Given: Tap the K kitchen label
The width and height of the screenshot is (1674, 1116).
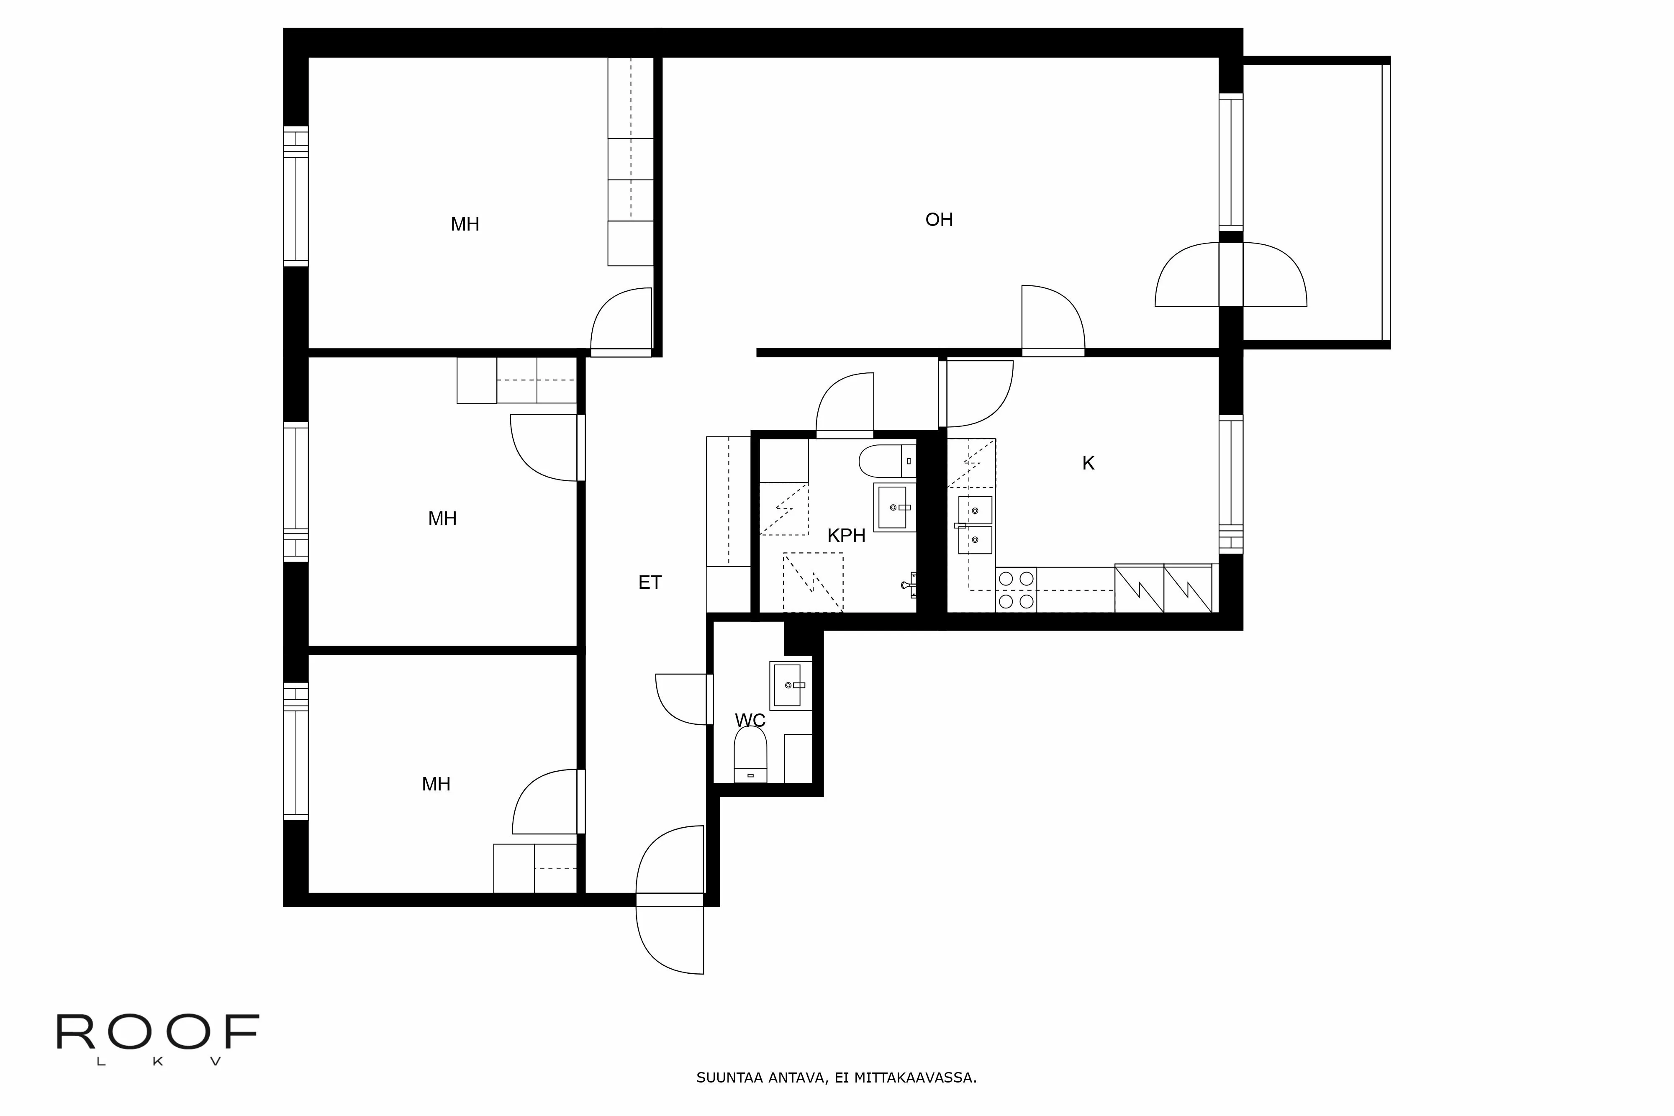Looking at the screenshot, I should coord(1088,463).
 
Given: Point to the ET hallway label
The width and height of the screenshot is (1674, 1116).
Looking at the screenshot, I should coord(649,583).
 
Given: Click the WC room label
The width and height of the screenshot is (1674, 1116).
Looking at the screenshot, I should coord(750,720).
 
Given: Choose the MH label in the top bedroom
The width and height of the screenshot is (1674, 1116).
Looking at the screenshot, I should coord(465,225).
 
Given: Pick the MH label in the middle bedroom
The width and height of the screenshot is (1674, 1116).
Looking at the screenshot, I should coord(442,519).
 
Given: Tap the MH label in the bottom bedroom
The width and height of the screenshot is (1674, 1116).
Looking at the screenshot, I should coord(436,784).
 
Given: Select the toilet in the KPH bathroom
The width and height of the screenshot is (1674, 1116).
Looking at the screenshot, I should coord(885,461).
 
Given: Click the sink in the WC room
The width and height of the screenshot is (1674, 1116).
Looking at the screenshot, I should coord(788,685).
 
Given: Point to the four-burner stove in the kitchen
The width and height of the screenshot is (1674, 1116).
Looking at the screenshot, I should coord(1016,590).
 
